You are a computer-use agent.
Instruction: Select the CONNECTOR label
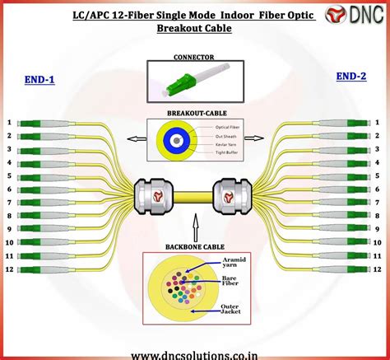pyautogui.click(x=194, y=58)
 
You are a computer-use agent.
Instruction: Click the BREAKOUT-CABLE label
pyautogui.click(x=194, y=113)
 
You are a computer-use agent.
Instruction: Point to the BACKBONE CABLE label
pyautogui.click(x=195, y=246)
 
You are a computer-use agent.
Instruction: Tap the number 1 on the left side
pyautogui.click(x=9, y=123)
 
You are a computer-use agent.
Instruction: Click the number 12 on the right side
pyautogui.click(x=378, y=269)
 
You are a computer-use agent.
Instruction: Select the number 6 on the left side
pyautogui.click(x=9, y=189)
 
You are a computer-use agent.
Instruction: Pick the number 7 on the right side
pyautogui.click(x=378, y=203)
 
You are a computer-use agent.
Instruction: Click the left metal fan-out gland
pyautogui.click(x=153, y=196)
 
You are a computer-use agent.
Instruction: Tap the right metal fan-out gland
pyautogui.click(x=234, y=196)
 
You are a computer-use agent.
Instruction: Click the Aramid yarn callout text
pyautogui.click(x=234, y=263)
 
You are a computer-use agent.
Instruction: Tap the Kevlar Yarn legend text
pyautogui.click(x=227, y=144)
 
